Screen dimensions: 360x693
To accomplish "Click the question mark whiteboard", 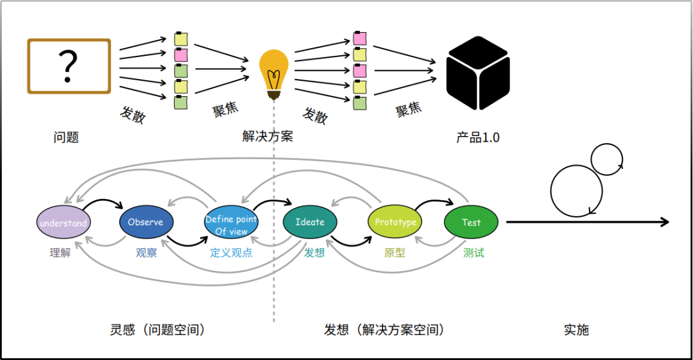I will [x=69, y=66].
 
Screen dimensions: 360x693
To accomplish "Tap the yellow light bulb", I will [x=273, y=73].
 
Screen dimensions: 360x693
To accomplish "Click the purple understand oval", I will [x=63, y=223].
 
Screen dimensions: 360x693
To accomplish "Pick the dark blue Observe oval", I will [x=146, y=222].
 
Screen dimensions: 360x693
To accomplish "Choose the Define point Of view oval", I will [x=230, y=225].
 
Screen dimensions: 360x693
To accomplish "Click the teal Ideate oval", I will [x=310, y=222].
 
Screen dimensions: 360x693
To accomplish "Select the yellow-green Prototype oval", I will [x=395, y=222].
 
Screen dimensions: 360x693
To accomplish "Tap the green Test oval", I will [x=471, y=222].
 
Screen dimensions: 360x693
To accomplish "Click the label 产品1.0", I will [x=477, y=137].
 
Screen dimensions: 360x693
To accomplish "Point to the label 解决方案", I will [x=268, y=136].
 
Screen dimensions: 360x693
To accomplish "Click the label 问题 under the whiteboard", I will [x=66, y=137].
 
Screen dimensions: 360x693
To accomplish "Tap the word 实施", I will [x=576, y=330].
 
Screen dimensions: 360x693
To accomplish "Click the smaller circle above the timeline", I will [x=607, y=159].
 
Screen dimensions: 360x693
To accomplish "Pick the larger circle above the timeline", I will [x=576, y=191].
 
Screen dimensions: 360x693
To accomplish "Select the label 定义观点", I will [x=231, y=253].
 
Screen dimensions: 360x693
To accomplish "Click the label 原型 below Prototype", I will [x=395, y=253].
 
